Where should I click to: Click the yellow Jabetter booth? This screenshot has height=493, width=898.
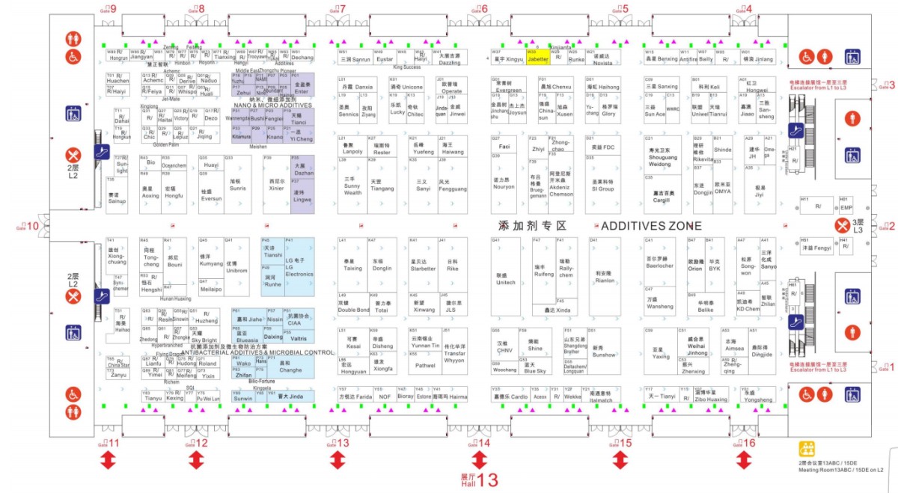(x=538, y=57)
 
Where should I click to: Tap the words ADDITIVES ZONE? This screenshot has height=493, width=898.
(x=651, y=226)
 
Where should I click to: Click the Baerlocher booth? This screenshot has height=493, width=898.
(x=660, y=263)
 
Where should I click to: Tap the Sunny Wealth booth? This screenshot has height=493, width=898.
(x=352, y=186)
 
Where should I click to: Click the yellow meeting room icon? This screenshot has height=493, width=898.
(x=807, y=449)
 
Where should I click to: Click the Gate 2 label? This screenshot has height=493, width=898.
(x=888, y=227)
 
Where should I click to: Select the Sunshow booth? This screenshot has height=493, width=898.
(x=603, y=352)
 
